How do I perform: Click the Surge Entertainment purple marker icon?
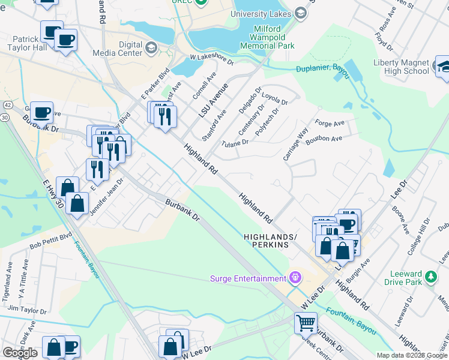pos(295,278)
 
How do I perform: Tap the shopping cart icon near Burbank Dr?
pos(306,323)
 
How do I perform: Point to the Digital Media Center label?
pos(117,48)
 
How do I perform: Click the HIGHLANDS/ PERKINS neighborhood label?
pos(270,241)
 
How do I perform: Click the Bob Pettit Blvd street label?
pos(51,242)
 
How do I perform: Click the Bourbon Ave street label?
pos(324,139)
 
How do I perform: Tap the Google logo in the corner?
pos(19,353)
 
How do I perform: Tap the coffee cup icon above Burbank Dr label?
pos(41,112)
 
